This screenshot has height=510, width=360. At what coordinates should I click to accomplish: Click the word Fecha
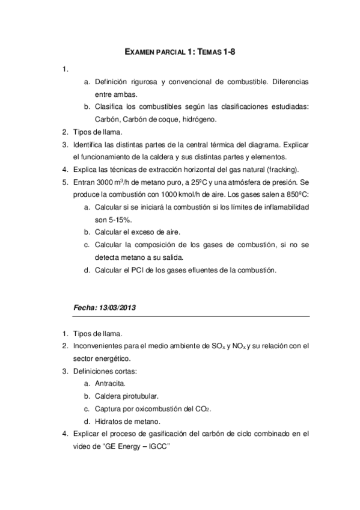point(84,308)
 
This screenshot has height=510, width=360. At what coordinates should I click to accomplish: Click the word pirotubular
point(141,396)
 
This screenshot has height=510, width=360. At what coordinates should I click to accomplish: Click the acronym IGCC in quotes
point(164,446)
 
